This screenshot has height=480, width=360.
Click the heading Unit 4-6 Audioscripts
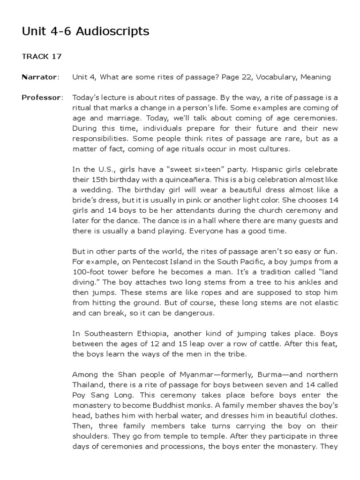(86, 31)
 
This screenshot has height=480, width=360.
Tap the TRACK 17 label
(42, 56)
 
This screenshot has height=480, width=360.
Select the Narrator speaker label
(40, 77)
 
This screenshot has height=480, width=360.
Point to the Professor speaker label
(42, 97)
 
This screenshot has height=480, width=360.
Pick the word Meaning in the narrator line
(316, 77)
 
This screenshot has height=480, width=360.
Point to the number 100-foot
(89, 272)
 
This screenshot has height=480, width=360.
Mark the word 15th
(100, 180)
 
